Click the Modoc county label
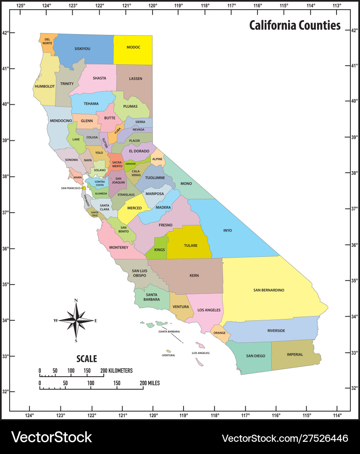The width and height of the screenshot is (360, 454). [x=133, y=48]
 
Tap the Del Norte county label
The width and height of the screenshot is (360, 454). [x=47, y=41]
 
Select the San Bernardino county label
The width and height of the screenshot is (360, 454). [x=269, y=290]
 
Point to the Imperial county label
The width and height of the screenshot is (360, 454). [x=295, y=354]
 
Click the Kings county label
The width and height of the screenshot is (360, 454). [x=160, y=250]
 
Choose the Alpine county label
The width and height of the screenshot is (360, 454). [x=157, y=159]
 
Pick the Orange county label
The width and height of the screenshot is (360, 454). [x=220, y=333]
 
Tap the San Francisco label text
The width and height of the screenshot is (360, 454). [x=71, y=188]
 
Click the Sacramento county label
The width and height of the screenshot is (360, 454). [x=116, y=164]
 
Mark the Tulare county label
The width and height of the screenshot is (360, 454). [x=190, y=245]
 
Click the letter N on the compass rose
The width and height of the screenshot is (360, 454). [x=76, y=301]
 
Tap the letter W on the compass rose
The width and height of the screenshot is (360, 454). [x=55, y=321]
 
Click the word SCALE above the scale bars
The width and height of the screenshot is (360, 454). [x=87, y=359]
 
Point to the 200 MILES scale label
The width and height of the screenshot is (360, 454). [x=150, y=383]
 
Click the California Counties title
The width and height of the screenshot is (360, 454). [x=295, y=25]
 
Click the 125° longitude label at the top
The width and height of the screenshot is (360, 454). [x=21, y=5]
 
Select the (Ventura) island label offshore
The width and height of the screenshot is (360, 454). [x=168, y=355]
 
